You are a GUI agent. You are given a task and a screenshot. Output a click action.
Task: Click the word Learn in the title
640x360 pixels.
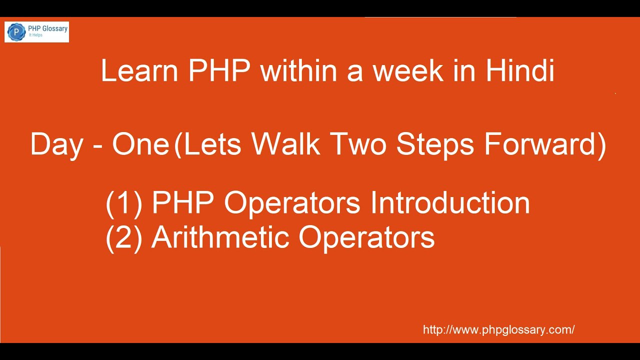point(139,71)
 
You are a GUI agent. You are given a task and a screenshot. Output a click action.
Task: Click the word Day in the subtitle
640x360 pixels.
point(56,145)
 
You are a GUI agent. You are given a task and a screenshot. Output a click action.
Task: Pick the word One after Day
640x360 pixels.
point(140,145)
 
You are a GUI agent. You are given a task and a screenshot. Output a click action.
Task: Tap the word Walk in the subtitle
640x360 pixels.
point(285,145)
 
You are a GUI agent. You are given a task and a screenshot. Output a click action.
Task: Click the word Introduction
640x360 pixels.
point(450,203)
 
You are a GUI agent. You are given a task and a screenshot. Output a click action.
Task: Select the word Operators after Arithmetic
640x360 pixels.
point(366,237)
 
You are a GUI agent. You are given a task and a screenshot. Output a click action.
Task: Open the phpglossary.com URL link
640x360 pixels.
point(498,330)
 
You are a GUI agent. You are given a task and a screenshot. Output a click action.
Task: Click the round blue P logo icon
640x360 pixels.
point(16,32)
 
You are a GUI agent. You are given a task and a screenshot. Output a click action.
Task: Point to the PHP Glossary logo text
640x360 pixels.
point(47,28)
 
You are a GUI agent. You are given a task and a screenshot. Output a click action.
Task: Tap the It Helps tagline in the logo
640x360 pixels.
point(35,35)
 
